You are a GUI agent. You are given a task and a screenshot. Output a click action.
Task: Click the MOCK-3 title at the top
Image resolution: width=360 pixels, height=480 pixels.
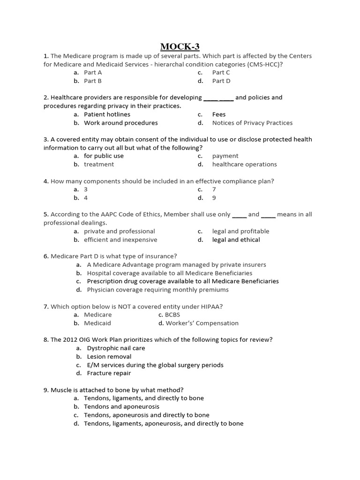tap(180, 46)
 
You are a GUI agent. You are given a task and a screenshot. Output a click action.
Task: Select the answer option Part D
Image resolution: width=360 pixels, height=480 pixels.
tap(221, 81)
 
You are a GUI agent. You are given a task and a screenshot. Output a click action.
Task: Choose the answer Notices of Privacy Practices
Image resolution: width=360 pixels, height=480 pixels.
tap(252, 123)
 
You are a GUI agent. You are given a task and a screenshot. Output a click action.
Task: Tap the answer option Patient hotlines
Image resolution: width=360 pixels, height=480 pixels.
tap(107, 114)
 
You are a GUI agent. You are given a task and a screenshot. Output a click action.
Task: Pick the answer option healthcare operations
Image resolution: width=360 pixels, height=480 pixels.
tap(244, 164)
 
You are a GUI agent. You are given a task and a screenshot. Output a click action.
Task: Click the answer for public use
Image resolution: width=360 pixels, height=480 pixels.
tap(104, 156)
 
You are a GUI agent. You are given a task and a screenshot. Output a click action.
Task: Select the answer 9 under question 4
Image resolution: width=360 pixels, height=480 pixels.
tap(214, 198)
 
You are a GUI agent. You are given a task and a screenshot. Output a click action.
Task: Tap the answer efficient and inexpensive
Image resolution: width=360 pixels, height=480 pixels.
tap(120, 240)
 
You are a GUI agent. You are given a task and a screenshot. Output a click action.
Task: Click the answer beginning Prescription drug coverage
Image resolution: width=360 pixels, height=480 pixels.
tap(183, 281)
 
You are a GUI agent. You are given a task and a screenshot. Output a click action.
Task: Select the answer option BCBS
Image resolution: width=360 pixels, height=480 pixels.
tap(172, 315)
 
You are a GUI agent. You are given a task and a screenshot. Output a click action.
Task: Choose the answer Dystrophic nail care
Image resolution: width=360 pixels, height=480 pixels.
tap(116, 348)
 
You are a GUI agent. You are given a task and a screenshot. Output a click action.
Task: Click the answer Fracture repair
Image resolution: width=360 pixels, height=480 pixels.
tap(109, 373)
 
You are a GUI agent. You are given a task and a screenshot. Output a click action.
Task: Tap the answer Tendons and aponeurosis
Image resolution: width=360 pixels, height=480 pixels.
tap(121, 406)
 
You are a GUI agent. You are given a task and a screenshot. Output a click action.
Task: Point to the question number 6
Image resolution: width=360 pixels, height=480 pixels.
tap(45, 256)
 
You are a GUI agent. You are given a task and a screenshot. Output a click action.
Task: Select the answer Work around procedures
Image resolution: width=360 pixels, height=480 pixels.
tap(120, 123)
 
